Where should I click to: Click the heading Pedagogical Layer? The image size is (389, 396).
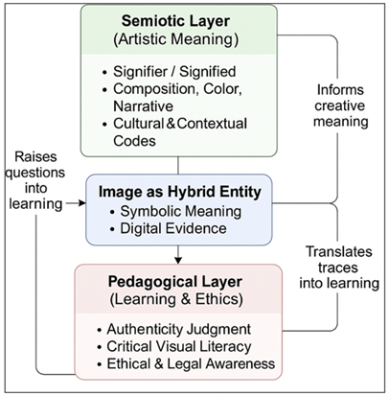(x=178, y=284)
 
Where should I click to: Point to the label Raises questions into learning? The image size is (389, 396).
(x=36, y=168)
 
